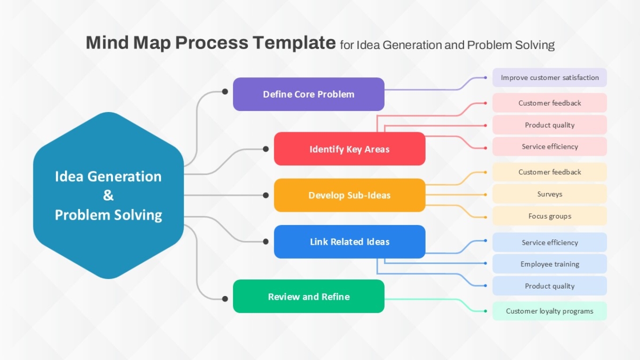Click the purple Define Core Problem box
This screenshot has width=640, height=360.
click(x=309, y=94)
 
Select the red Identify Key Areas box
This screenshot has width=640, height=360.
click(x=350, y=149)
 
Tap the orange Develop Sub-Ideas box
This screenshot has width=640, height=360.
click(x=350, y=195)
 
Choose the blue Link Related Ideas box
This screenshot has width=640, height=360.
click(x=350, y=242)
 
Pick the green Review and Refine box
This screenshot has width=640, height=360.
click(x=309, y=297)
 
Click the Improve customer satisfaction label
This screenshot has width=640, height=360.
click(x=550, y=77)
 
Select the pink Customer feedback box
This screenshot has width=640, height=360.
click(x=550, y=103)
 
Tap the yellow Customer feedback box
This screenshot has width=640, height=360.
click(x=550, y=172)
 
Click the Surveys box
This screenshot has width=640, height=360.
click(x=550, y=194)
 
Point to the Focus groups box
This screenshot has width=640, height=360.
click(x=550, y=216)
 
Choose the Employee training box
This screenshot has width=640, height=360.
click(x=550, y=264)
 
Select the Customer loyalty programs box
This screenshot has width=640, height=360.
click(x=550, y=311)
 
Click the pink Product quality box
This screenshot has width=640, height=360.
click(x=550, y=125)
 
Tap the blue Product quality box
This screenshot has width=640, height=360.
click(x=550, y=286)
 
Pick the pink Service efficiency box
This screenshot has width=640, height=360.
click(x=550, y=147)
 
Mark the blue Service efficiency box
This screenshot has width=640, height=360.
click(x=550, y=242)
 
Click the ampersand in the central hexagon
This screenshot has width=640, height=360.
click(x=108, y=195)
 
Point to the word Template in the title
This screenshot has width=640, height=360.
click(x=294, y=43)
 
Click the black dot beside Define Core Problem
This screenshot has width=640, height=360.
click(x=225, y=91)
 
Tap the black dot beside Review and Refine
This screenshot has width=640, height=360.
click(x=225, y=299)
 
